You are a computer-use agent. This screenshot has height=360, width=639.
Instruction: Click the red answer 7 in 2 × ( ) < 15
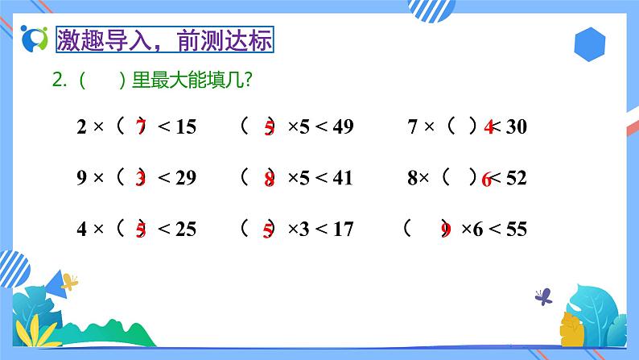pyautogui.click(x=141, y=126)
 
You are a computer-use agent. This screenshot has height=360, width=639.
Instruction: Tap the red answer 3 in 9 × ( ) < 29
pyautogui.click(x=141, y=179)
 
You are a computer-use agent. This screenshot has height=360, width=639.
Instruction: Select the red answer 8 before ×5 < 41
pyautogui.click(x=269, y=180)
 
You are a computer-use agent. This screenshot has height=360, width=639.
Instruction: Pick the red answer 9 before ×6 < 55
pyautogui.click(x=446, y=231)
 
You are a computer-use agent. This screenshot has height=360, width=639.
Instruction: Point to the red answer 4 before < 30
pyautogui.click(x=489, y=127)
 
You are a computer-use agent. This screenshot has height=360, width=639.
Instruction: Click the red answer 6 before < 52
pyautogui.click(x=486, y=180)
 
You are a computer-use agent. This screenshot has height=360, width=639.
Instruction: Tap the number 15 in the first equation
pyautogui.click(x=185, y=126)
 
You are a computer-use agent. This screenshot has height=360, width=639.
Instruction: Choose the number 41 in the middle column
pyautogui.click(x=343, y=178)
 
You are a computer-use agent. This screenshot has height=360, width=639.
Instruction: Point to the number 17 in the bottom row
pyautogui.click(x=343, y=230)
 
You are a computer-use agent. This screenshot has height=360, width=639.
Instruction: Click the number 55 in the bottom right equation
pyautogui.click(x=516, y=230)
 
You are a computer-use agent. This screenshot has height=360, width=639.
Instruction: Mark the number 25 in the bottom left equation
pyautogui.click(x=185, y=230)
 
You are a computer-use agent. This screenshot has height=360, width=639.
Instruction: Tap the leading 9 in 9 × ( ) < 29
pyautogui.click(x=81, y=178)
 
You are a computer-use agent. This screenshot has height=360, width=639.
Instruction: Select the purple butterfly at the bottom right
pyautogui.click(x=544, y=296)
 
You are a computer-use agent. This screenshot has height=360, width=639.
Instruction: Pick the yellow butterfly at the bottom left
pyautogui.click(x=70, y=282)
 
